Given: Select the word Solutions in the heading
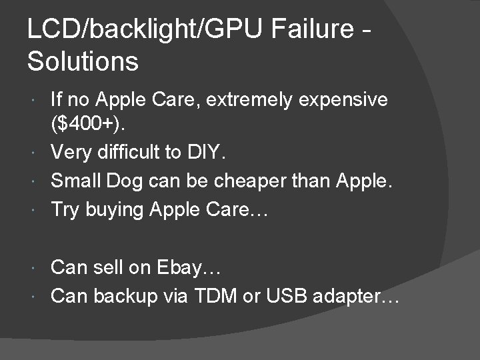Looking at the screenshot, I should (83, 62).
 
